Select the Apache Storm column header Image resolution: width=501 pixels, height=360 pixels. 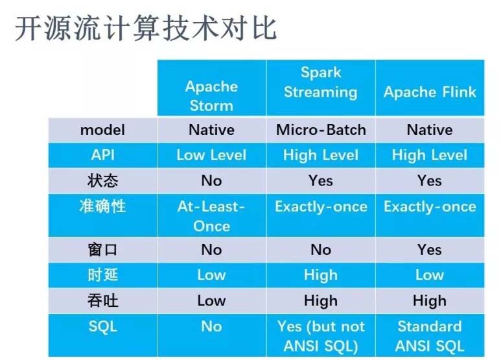point(211,96)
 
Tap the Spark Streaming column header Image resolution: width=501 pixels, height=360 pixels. point(320,82)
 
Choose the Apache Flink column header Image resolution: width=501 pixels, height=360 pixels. point(430,91)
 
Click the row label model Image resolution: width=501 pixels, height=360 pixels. point(102,130)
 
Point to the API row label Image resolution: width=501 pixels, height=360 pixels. point(102,155)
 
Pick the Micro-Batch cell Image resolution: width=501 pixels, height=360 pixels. point(320,130)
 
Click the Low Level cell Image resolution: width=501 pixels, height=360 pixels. point(211,155)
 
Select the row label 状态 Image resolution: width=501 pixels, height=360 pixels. point(102,180)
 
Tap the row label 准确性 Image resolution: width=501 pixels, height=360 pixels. point(102,206)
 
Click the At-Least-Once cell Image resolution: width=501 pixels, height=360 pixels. point(211,216)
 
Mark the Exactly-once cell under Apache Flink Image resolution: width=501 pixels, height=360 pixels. point(430,207)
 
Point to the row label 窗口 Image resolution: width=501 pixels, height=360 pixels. point(102,250)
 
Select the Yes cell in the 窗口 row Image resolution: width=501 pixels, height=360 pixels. point(430,250)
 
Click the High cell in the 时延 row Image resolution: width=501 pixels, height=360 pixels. point(320,275)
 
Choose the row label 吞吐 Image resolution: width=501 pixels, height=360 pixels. point(102,300)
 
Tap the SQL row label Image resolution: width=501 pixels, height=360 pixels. point(102,326)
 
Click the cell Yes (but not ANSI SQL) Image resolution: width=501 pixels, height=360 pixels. point(320,336)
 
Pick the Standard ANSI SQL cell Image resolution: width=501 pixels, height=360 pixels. point(430,336)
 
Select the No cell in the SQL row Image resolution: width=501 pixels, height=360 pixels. point(211,326)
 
